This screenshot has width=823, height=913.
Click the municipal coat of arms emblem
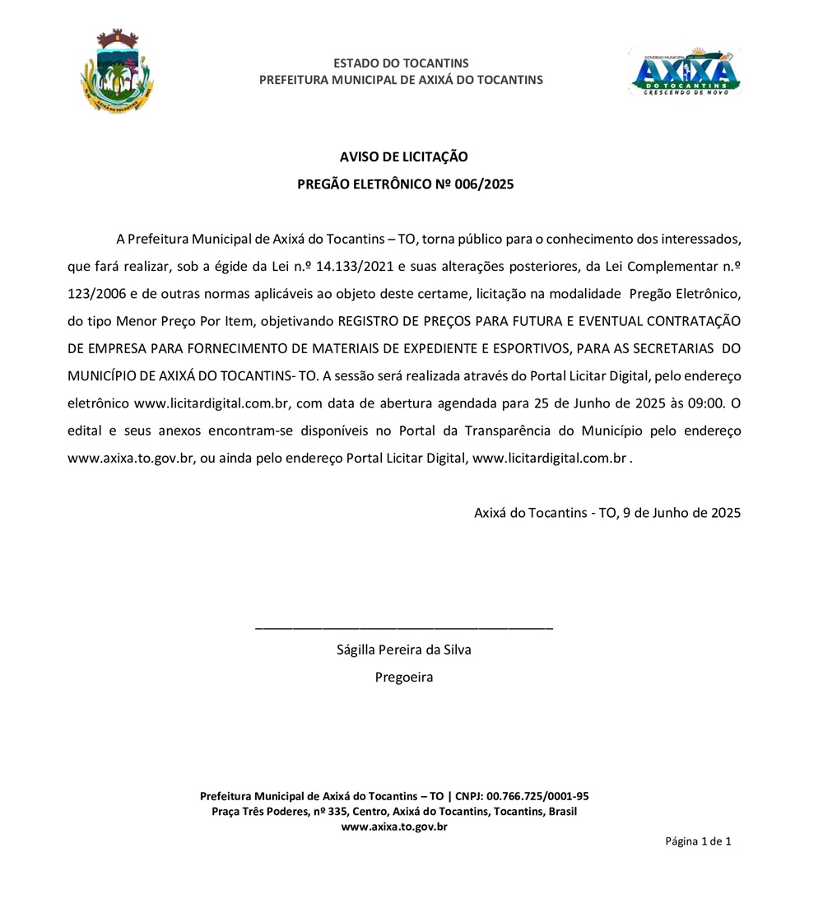[117, 72]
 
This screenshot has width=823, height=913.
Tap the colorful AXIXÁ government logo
[685, 72]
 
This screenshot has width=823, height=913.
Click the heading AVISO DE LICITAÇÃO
[404, 156]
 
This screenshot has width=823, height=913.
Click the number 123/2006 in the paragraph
[93, 293]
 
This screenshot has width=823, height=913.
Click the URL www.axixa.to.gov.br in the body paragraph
[130, 458]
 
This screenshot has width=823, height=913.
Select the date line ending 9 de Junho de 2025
[607, 512]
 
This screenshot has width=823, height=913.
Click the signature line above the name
[404, 628]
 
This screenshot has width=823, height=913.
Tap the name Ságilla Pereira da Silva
[404, 650]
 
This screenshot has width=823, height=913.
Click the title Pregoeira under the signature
[404, 678]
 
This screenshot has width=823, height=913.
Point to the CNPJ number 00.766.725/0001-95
[537, 796]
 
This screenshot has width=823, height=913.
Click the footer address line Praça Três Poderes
[394, 812]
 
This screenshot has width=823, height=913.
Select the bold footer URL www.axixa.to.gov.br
[394, 827]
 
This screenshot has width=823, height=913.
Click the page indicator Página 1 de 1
[698, 841]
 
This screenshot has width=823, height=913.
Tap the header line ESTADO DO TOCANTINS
[401, 63]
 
